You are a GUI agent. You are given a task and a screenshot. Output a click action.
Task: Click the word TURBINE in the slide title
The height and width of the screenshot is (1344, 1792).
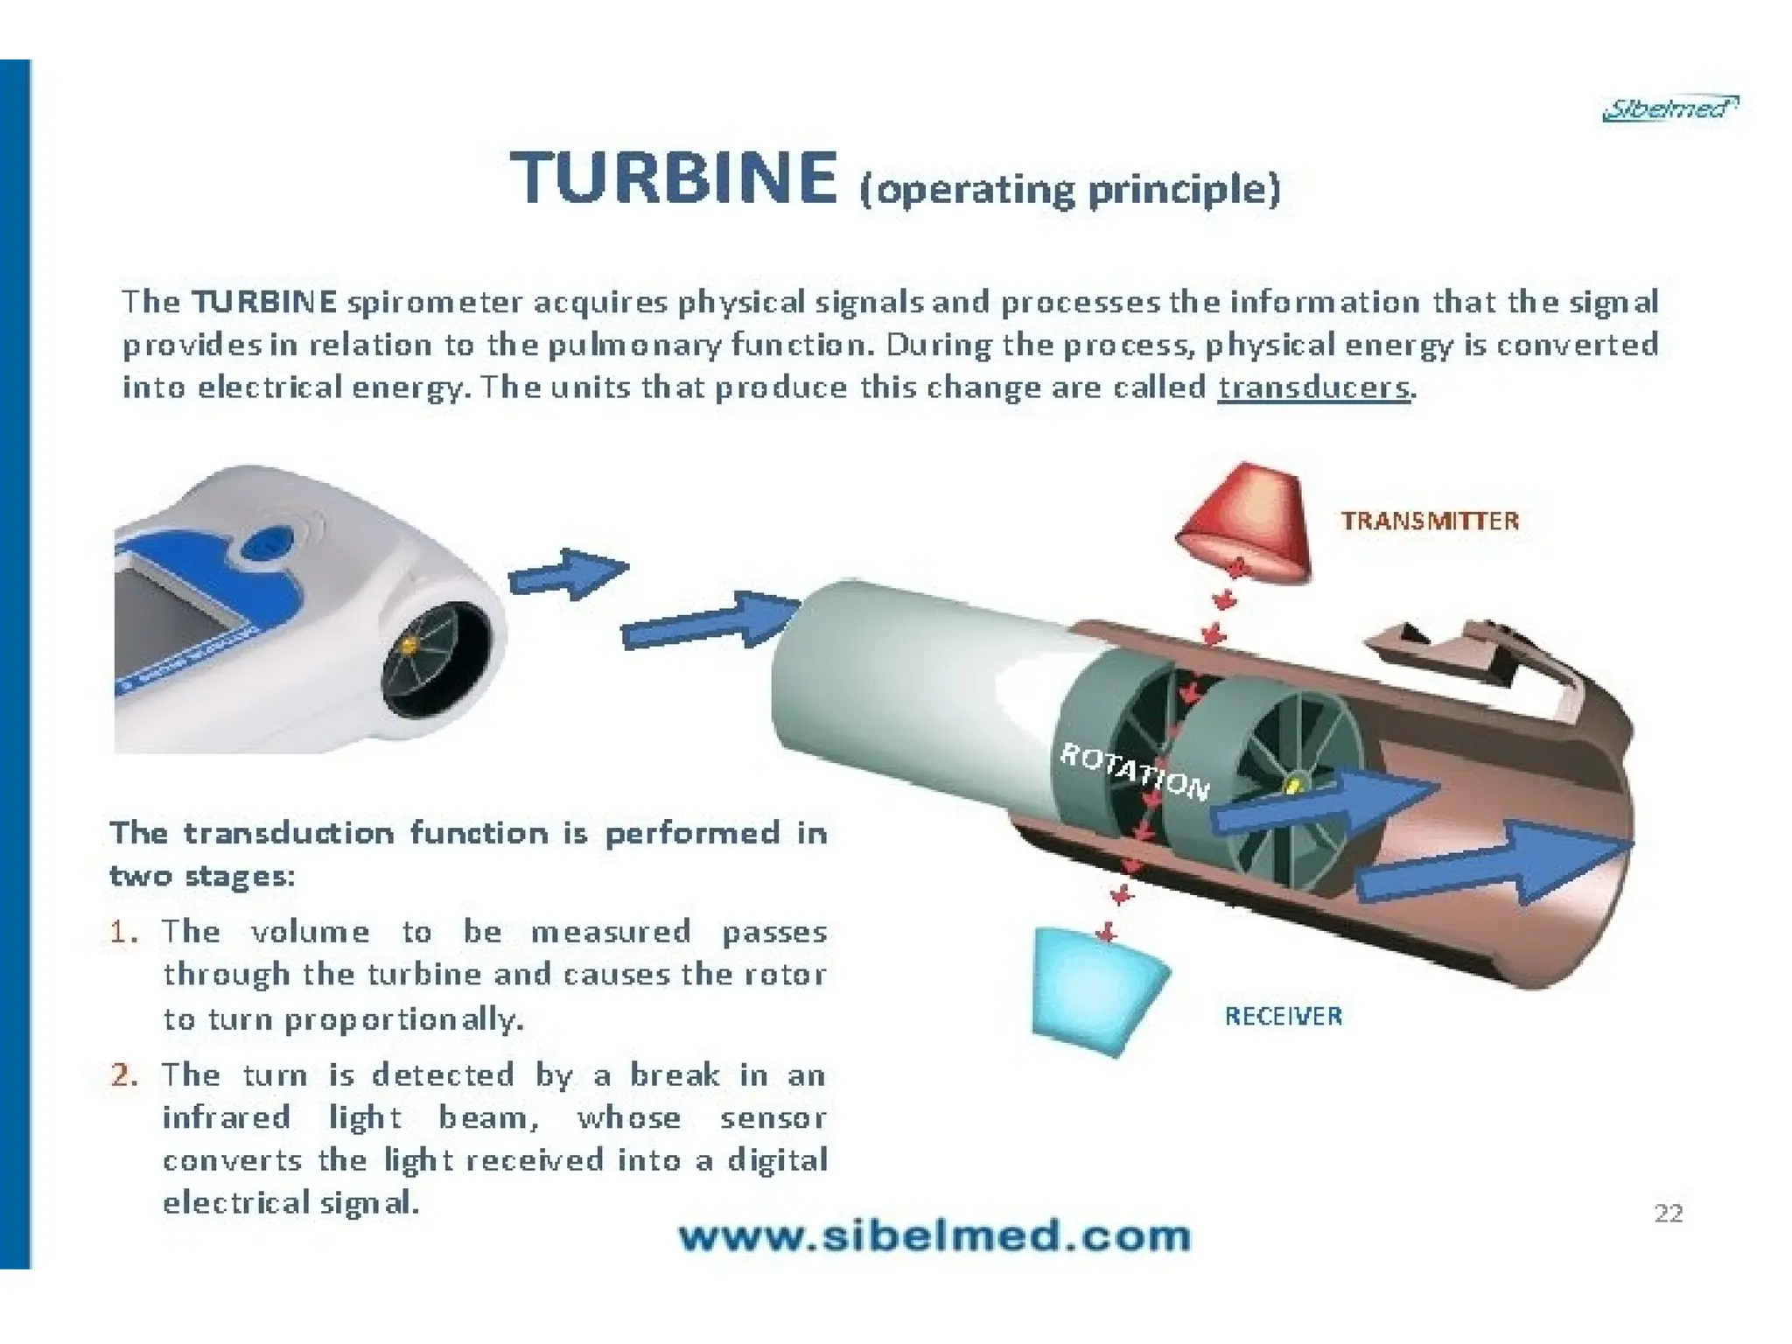(x=673, y=178)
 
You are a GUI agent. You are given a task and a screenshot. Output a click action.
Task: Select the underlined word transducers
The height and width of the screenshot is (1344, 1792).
(x=1313, y=387)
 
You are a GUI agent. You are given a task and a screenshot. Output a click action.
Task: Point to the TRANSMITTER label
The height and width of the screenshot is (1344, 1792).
(x=1430, y=521)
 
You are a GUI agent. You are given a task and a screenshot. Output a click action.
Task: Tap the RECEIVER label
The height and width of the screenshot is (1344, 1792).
(x=1283, y=1016)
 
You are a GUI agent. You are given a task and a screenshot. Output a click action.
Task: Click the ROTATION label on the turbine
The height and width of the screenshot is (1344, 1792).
(x=1134, y=771)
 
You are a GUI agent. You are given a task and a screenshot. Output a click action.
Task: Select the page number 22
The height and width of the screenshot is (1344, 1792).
(x=1668, y=1213)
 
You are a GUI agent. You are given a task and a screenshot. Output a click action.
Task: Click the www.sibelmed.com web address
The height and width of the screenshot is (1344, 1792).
(x=934, y=1237)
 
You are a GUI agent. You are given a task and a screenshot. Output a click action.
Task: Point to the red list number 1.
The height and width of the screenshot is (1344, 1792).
(x=123, y=932)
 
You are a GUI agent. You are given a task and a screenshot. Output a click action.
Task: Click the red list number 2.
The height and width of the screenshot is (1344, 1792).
(x=123, y=1074)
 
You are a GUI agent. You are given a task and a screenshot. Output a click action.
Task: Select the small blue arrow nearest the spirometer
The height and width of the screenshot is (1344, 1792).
(x=567, y=574)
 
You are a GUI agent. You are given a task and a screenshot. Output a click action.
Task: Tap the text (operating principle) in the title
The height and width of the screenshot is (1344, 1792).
(x=1069, y=190)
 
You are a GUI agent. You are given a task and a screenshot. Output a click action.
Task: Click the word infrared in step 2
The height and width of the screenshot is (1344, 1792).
(x=226, y=1117)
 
